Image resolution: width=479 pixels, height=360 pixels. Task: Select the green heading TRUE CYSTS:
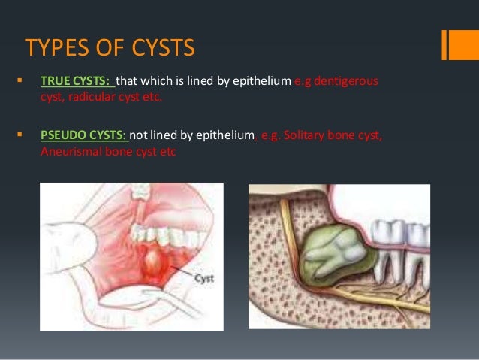(x=76, y=80)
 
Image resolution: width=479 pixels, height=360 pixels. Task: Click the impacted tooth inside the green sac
(x=336, y=248)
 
